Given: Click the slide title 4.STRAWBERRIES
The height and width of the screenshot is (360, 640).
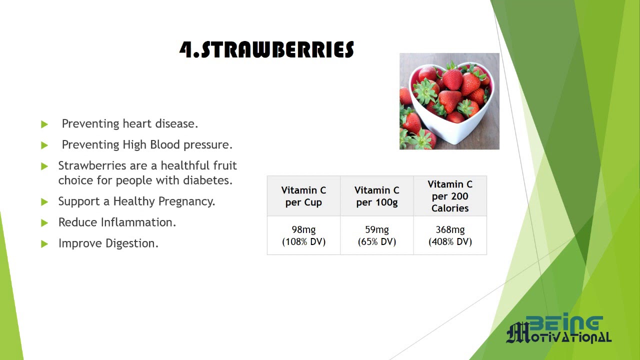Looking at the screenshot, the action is tap(266, 49).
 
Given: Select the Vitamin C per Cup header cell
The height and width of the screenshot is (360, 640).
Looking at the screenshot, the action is tap(303, 196).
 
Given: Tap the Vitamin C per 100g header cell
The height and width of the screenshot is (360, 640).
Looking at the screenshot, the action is tap(377, 196).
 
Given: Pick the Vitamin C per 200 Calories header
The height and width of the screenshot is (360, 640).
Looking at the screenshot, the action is tap(450, 196).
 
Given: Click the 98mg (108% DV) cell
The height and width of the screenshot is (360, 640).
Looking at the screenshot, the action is tap(303, 235).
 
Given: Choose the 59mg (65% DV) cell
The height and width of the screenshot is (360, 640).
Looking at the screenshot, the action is tap(377, 235).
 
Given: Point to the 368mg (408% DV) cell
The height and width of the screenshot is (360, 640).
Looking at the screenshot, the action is tap(450, 235).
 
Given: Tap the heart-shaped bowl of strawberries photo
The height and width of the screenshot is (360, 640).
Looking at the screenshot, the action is tap(449, 101).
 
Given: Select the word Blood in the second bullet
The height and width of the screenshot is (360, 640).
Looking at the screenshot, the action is tap(165, 144).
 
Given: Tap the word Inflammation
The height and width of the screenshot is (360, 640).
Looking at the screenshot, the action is tap(138, 222).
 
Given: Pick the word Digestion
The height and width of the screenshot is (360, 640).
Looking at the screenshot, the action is tap(132, 243).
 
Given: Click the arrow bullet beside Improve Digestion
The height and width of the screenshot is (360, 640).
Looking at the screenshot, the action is tap(44, 244).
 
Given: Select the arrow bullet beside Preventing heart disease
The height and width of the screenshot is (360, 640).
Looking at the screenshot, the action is tap(44, 124).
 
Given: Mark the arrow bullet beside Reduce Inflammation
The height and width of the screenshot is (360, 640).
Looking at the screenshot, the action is tap(44, 223).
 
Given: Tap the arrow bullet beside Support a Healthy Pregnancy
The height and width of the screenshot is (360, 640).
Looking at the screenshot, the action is tap(44, 202).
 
